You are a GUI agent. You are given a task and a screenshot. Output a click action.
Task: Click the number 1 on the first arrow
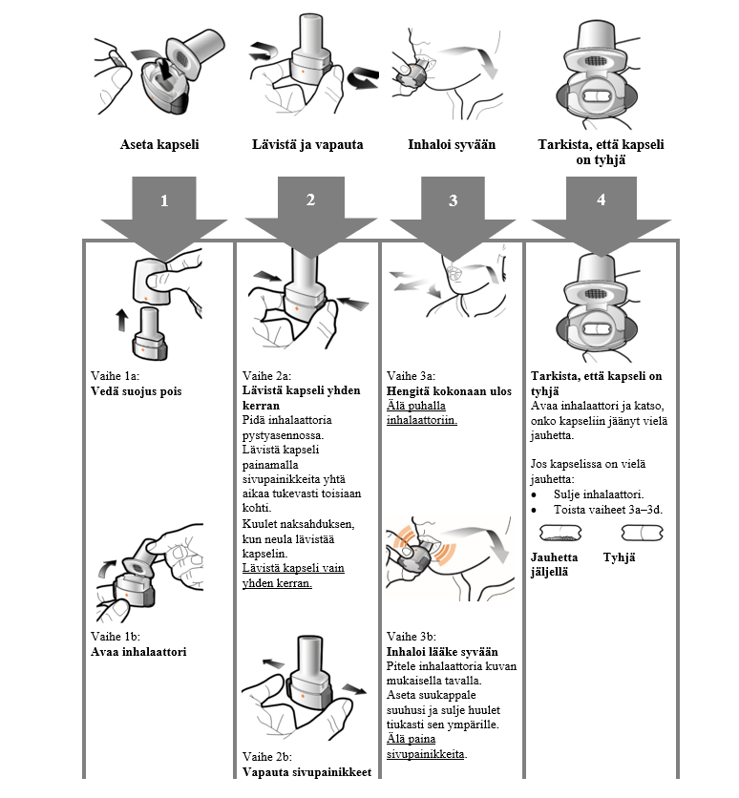[164, 200]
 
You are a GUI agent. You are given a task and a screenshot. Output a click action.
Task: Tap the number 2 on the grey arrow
[309, 199]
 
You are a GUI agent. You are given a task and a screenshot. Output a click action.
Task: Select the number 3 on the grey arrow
[453, 200]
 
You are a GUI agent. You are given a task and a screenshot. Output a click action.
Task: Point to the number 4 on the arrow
[600, 199]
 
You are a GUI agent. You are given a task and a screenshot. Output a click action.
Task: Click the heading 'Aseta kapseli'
[158, 145]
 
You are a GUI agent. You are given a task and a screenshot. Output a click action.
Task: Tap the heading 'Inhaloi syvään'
[452, 145]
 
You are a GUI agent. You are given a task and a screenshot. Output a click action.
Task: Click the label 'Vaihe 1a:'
[116, 376]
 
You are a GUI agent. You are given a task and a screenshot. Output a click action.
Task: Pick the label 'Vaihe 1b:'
[116, 637]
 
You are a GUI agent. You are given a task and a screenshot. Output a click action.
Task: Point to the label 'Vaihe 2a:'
[268, 376]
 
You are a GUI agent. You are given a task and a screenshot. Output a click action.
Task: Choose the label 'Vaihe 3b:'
[412, 637]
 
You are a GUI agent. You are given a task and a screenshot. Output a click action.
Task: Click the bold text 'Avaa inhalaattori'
[138, 652]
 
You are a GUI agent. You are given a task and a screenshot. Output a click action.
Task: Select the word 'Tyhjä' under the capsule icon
[619, 557]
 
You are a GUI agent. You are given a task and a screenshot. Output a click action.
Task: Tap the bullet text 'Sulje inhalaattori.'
[598, 493]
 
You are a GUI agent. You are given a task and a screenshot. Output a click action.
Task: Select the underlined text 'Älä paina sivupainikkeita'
[427, 746]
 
